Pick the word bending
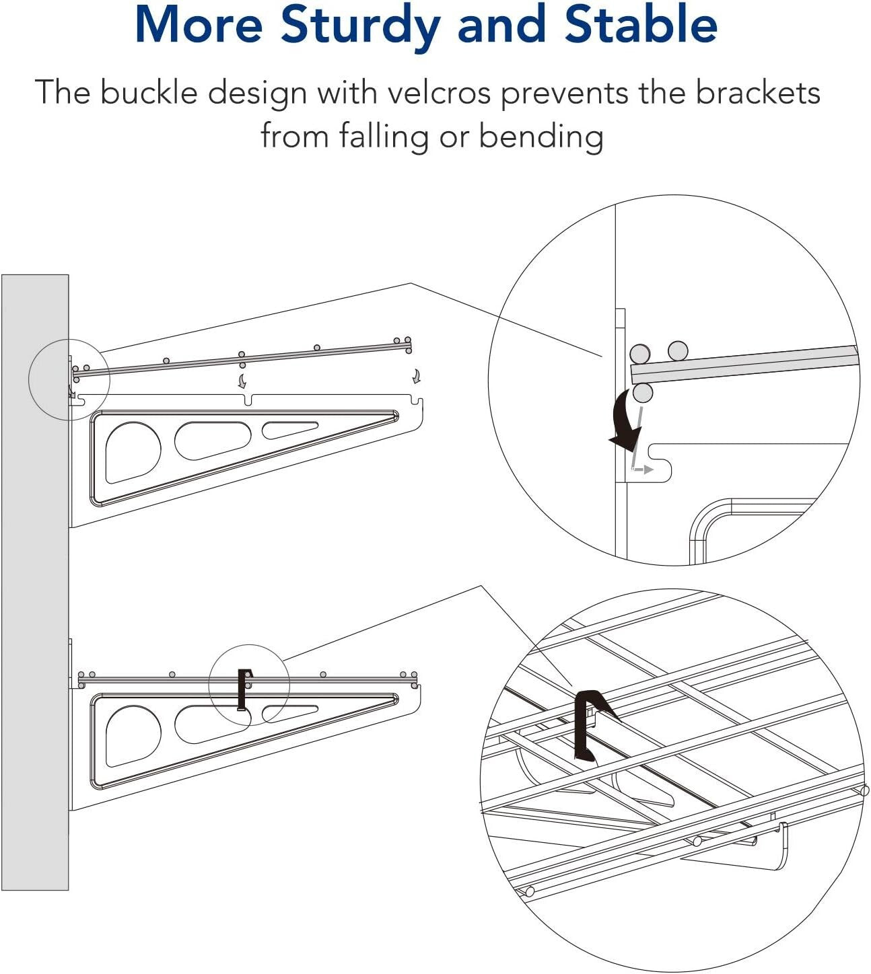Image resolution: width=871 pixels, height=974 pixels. click(x=541, y=136)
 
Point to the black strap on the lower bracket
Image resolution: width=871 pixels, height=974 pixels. click(x=243, y=689)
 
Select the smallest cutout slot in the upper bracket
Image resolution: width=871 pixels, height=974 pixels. click(x=289, y=430)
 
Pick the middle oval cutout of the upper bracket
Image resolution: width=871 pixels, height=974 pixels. click(x=212, y=441)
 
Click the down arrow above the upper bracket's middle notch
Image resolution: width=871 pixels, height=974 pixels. click(x=242, y=381)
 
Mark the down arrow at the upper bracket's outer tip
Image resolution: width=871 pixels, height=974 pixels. click(x=417, y=375)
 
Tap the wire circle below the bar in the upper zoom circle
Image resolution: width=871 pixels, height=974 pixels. click(x=643, y=393)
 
